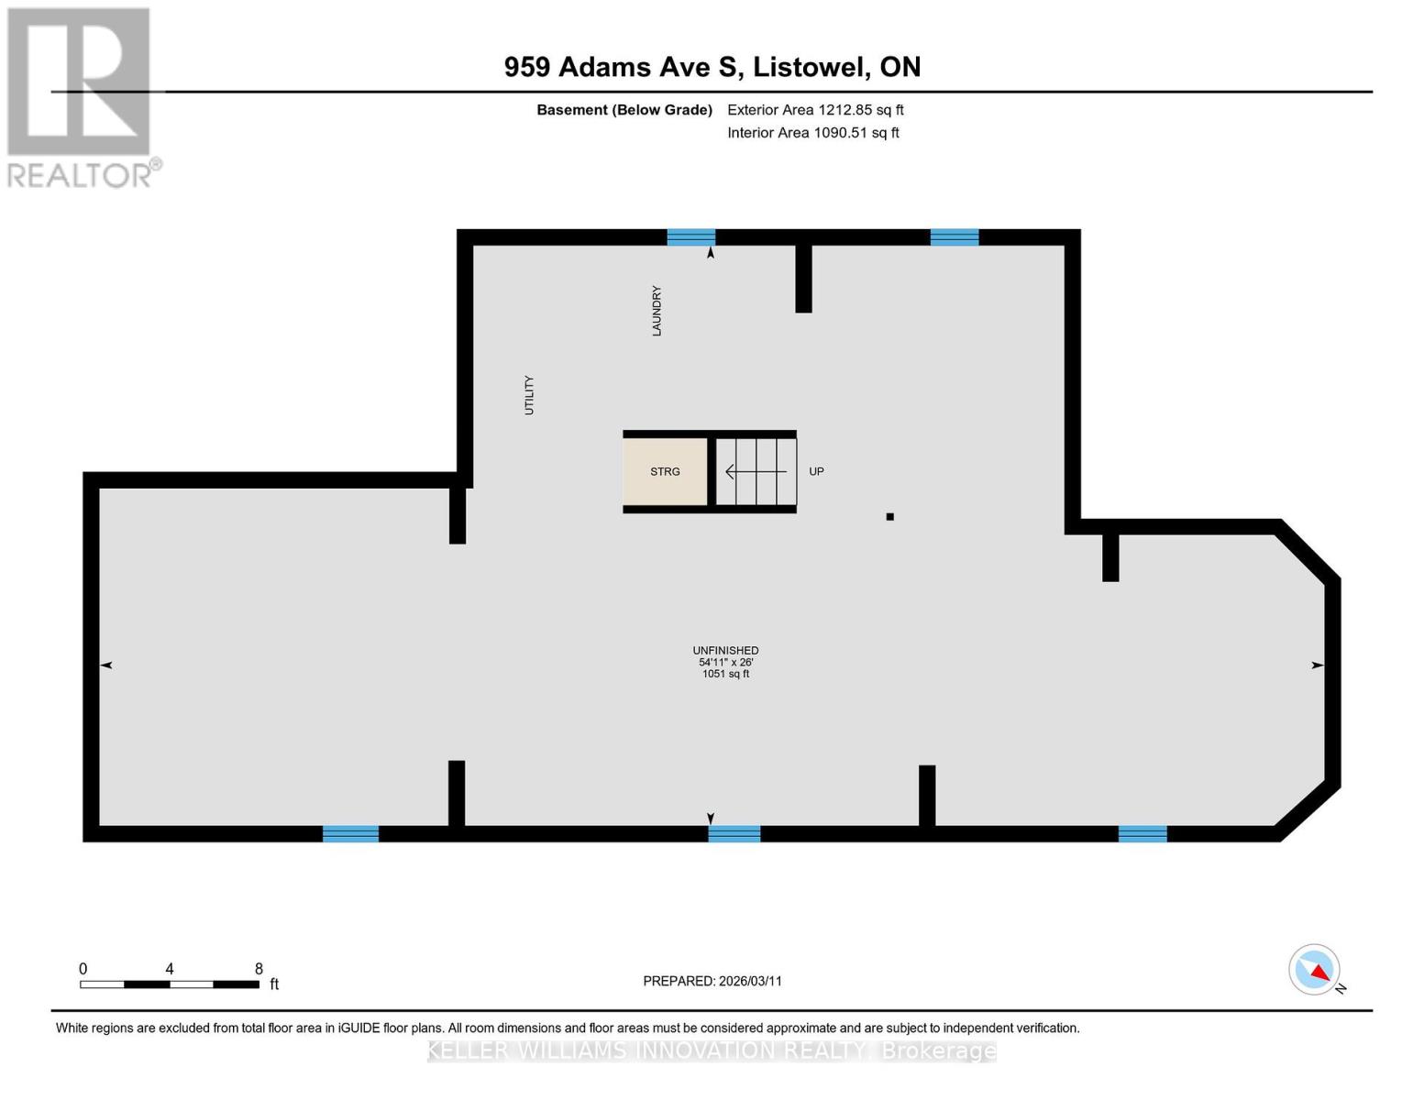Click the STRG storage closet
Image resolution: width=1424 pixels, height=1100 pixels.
point(665,471)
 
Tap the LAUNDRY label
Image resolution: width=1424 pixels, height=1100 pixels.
point(657,311)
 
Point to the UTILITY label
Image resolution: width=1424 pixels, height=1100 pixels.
point(529,395)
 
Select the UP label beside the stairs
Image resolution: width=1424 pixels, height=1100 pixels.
point(816,471)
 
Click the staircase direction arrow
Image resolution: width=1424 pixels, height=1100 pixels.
point(756,471)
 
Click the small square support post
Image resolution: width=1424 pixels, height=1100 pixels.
point(890,516)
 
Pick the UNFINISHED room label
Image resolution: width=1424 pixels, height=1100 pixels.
point(725,650)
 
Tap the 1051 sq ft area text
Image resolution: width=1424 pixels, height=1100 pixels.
point(725,674)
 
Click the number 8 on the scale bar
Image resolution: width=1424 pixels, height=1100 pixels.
point(259,968)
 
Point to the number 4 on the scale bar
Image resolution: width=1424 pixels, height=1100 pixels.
point(169,968)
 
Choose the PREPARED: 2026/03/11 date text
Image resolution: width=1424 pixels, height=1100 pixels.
point(712,981)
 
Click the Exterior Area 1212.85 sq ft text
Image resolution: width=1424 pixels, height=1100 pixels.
point(815,110)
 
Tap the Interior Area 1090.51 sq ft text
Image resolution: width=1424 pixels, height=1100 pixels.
point(813,133)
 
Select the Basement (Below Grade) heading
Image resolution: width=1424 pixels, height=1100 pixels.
point(624,110)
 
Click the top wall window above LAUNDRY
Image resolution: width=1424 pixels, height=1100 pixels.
point(691,237)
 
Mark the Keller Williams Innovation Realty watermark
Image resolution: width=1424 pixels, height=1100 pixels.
point(712,1050)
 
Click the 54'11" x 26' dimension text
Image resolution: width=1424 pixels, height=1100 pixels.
point(725,662)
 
